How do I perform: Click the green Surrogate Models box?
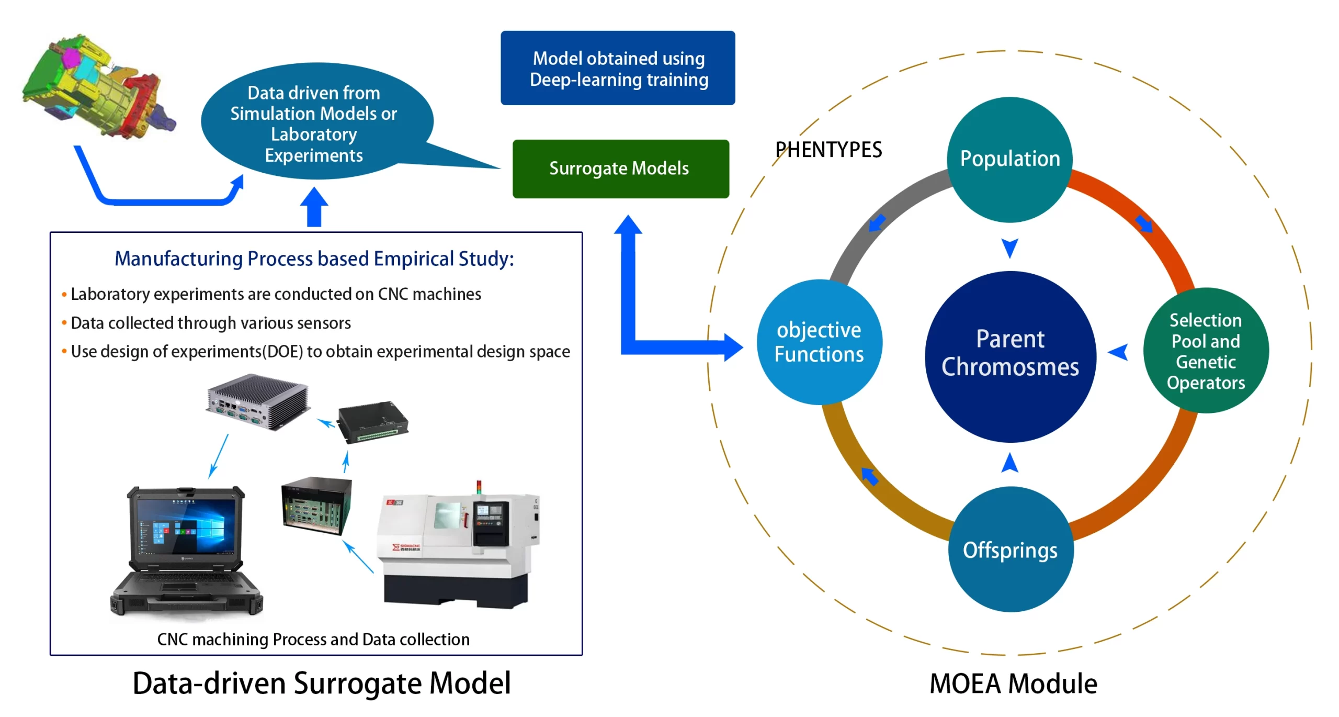click(620, 169)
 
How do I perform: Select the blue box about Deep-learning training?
click(618, 68)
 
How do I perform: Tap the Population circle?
click(1009, 159)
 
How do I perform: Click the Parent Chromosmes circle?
click(1010, 356)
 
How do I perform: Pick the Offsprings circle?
click(1010, 550)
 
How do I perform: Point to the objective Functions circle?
click(819, 342)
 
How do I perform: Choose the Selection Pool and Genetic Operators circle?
click(1205, 351)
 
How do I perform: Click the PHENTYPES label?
click(829, 150)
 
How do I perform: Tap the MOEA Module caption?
click(1013, 684)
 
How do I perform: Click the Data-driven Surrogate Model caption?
click(322, 684)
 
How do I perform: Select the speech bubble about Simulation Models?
click(314, 124)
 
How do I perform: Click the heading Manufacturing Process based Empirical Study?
click(314, 259)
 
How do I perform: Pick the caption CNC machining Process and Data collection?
click(313, 640)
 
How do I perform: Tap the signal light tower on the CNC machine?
click(479, 486)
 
